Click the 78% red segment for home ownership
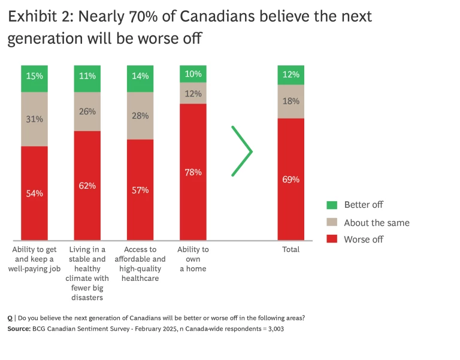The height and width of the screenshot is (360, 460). coord(193,172)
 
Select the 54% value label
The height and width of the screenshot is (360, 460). coord(34,193)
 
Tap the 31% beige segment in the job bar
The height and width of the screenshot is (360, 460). coord(34,119)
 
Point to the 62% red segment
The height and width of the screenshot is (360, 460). coord(87,186)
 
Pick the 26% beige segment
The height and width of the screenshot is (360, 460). coord(87,111)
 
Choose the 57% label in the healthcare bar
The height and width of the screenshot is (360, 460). coord(140,190)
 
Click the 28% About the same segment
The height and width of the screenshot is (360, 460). coord(140,116)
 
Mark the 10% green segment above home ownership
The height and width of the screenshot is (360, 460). coord(193,74)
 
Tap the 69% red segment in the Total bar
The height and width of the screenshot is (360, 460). coord(290,179)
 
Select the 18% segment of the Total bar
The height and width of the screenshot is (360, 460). coord(290,101)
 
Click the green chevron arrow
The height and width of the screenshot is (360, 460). coord(242,152)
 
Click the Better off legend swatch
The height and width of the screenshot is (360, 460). coord(332,205)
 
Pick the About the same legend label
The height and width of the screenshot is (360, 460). coord(376,223)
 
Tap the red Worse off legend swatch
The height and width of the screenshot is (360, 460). coord(332,240)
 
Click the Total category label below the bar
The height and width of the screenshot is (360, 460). coord(290,249)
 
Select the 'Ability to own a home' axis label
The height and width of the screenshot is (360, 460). coord(193,259)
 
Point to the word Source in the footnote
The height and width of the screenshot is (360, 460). coord(19,329)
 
